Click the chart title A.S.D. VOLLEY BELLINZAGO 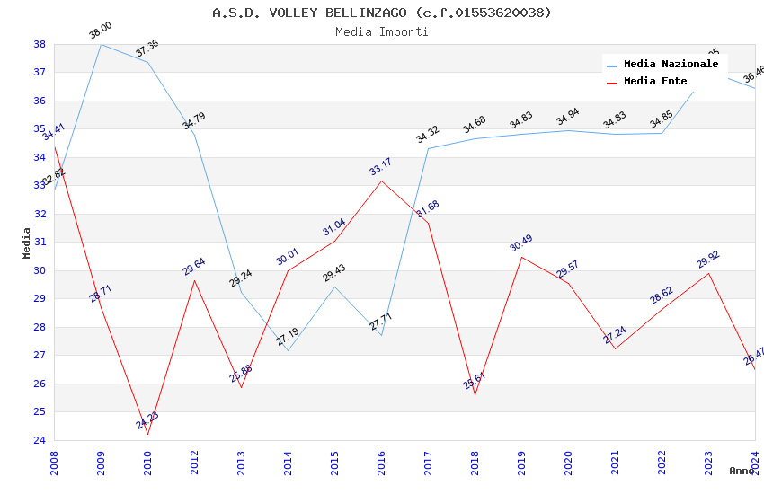(x=382, y=13)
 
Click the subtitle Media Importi (x=382, y=31)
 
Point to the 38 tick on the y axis (x=40, y=44)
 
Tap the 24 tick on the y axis (x=40, y=440)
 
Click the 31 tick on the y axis (x=40, y=243)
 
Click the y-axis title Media (x=27, y=243)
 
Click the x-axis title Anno (x=742, y=471)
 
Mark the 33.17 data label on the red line (x=380, y=167)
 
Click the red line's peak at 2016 (x=381, y=181)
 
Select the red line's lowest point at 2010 (x=147, y=434)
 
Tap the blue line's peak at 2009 (x=101, y=44)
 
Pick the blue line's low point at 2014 (x=288, y=350)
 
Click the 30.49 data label (x=520, y=243)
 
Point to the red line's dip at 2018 (x=475, y=394)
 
